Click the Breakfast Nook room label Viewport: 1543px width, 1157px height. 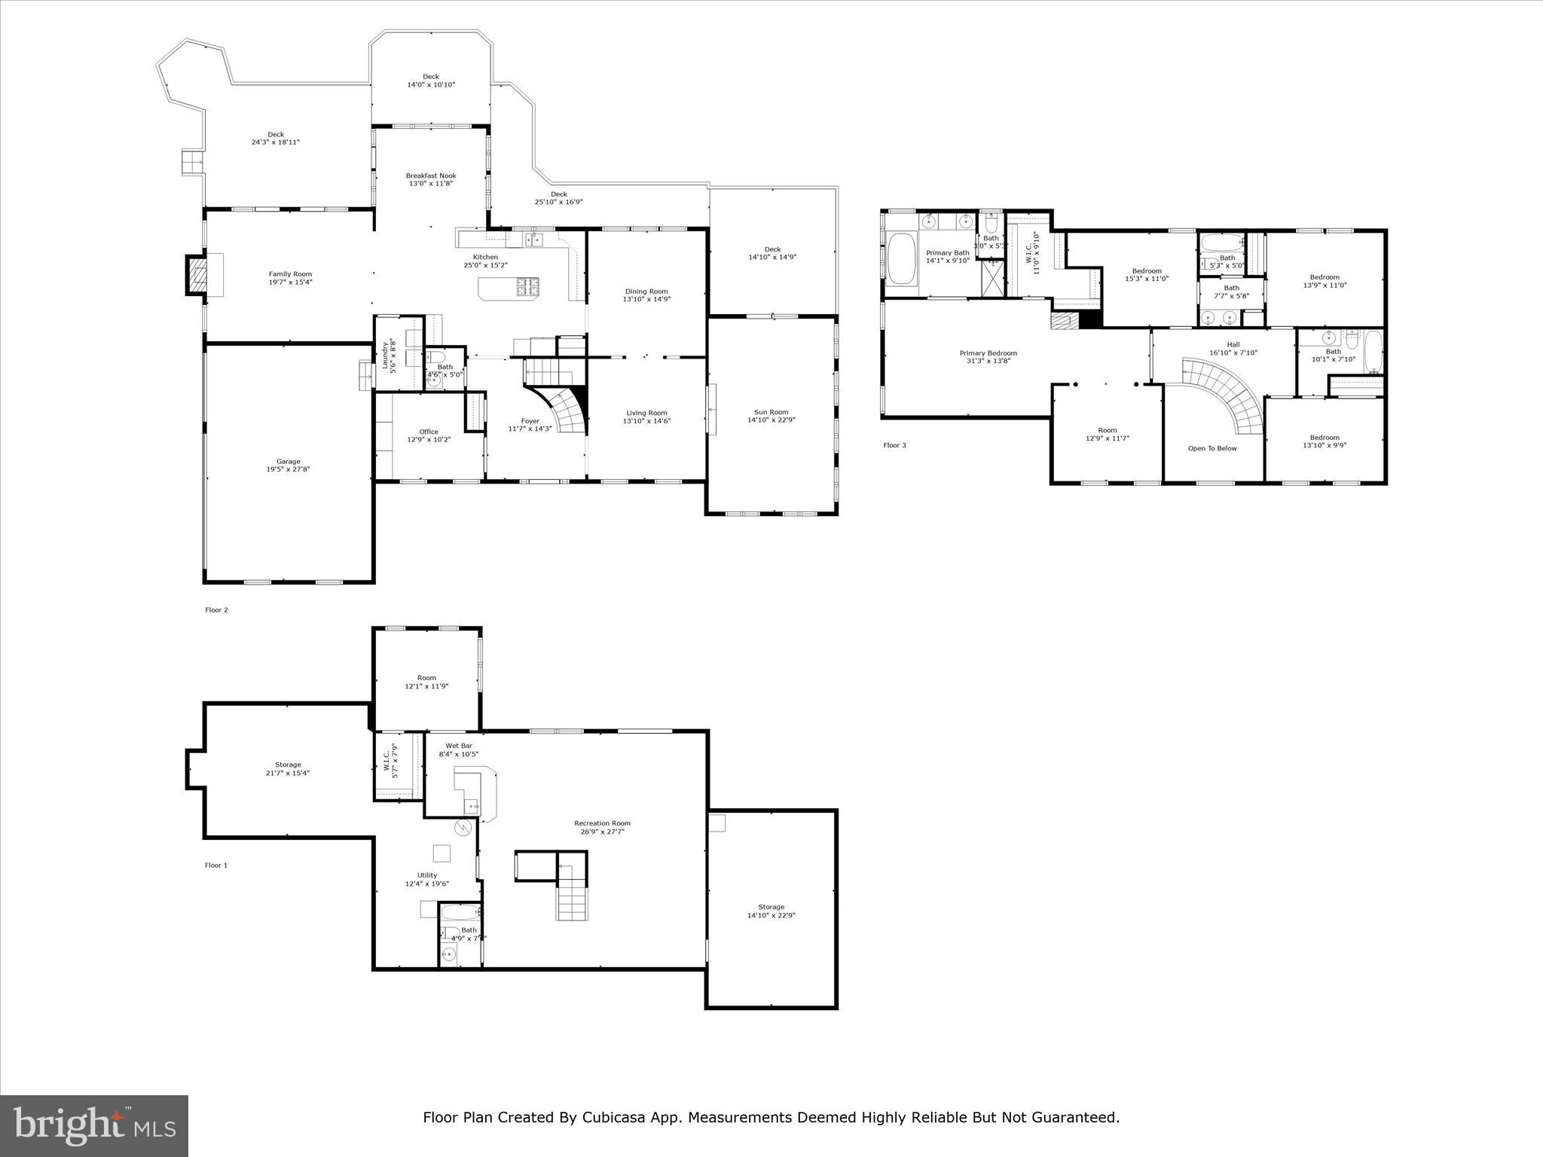430,176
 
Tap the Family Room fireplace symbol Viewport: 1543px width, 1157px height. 196,275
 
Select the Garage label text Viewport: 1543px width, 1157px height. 288,462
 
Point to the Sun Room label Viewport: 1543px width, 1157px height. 771,412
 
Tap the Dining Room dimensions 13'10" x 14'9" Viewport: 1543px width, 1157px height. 646,299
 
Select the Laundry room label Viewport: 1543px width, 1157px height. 384,355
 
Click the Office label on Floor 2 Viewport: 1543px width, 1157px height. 429,432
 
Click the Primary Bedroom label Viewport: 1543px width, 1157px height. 988,353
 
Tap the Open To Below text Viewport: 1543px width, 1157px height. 1212,448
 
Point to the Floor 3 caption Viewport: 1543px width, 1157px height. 894,445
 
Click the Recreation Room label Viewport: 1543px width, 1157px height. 602,823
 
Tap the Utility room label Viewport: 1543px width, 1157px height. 426,875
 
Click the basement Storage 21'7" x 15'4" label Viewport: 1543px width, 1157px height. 288,765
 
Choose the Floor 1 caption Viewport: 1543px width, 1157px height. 215,865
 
